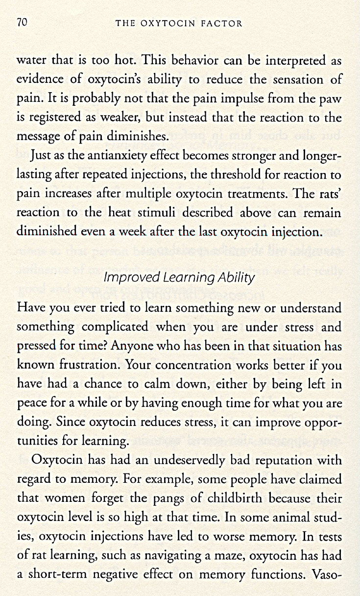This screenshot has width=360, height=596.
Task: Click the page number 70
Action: coord(22,23)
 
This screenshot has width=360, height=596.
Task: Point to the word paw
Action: coord(331,99)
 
